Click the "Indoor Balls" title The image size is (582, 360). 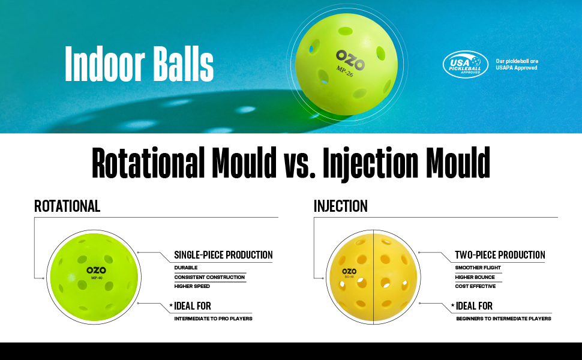click(139, 64)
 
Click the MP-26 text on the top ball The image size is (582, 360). click(344, 71)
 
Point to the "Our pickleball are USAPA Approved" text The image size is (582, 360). click(517, 64)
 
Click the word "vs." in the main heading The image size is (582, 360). click(299, 163)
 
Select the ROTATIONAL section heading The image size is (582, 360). click(67, 206)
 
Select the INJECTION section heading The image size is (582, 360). click(340, 206)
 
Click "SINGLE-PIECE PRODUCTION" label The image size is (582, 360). click(223, 255)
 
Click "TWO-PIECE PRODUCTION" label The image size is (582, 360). click(500, 255)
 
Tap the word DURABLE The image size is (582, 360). click(186, 268)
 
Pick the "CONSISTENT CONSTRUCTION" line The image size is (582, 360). click(209, 277)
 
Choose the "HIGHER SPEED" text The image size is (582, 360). click(192, 286)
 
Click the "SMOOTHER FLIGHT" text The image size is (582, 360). click(478, 268)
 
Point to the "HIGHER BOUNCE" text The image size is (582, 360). click(475, 277)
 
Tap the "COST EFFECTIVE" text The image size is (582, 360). click(475, 286)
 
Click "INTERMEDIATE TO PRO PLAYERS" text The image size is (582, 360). click(213, 319)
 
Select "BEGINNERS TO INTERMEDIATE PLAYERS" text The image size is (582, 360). click(503, 319)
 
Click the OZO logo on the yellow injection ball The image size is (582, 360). click(349, 271)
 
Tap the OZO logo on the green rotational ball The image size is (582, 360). click(96, 270)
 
